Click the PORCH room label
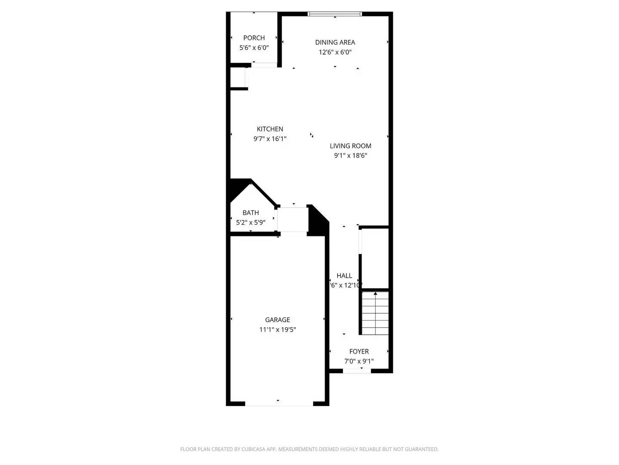pos(254,38)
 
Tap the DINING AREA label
pos(335,42)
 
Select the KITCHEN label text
pos(270,129)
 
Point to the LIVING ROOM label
pos(350,146)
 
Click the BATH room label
pos(251,213)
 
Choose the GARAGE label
pos(277,319)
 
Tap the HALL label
pos(344,276)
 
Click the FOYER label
pos(359,351)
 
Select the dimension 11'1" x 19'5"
pos(277,330)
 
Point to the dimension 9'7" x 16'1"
pos(270,139)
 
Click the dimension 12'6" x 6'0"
pos(335,52)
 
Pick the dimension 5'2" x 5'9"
pos(251,223)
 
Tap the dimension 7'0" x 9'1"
pos(359,361)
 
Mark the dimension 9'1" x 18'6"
pos(350,156)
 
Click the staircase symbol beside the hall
pos(375,313)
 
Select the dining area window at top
pos(335,14)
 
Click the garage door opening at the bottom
pos(279,403)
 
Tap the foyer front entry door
pos(356,370)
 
